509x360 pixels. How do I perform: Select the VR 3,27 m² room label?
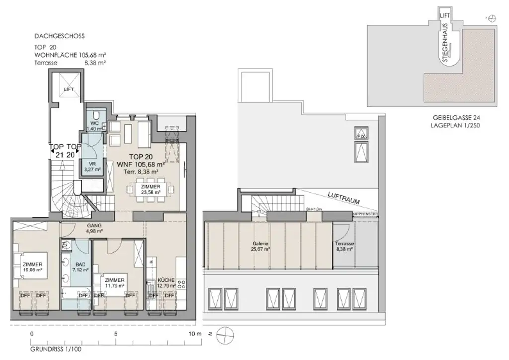[x=92, y=166]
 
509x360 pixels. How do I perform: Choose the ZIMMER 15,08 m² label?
[x=32, y=267]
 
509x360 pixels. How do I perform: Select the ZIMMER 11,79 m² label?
[x=115, y=283]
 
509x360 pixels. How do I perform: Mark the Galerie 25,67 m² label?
[x=260, y=246]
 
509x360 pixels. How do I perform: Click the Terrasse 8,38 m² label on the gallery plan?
[x=344, y=247]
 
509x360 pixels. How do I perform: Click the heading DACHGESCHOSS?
[x=59, y=36]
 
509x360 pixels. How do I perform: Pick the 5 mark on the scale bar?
[x=115, y=334]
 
